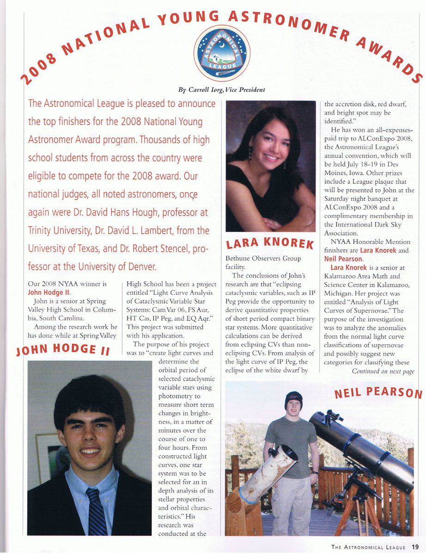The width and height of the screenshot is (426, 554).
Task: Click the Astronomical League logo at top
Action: coord(222,53)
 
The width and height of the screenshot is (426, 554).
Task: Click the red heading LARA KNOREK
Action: coord(269,243)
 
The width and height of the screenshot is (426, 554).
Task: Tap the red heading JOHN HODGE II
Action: coord(63,351)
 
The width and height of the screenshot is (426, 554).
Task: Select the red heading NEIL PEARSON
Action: coord(378,393)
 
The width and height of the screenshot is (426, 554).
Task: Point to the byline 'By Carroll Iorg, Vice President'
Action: coord(221,90)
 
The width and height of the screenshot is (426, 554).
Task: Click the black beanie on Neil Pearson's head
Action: coord(293,397)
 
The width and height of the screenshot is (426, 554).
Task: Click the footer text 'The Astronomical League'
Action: coord(368,548)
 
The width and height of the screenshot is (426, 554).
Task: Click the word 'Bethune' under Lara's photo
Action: coord(237,258)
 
